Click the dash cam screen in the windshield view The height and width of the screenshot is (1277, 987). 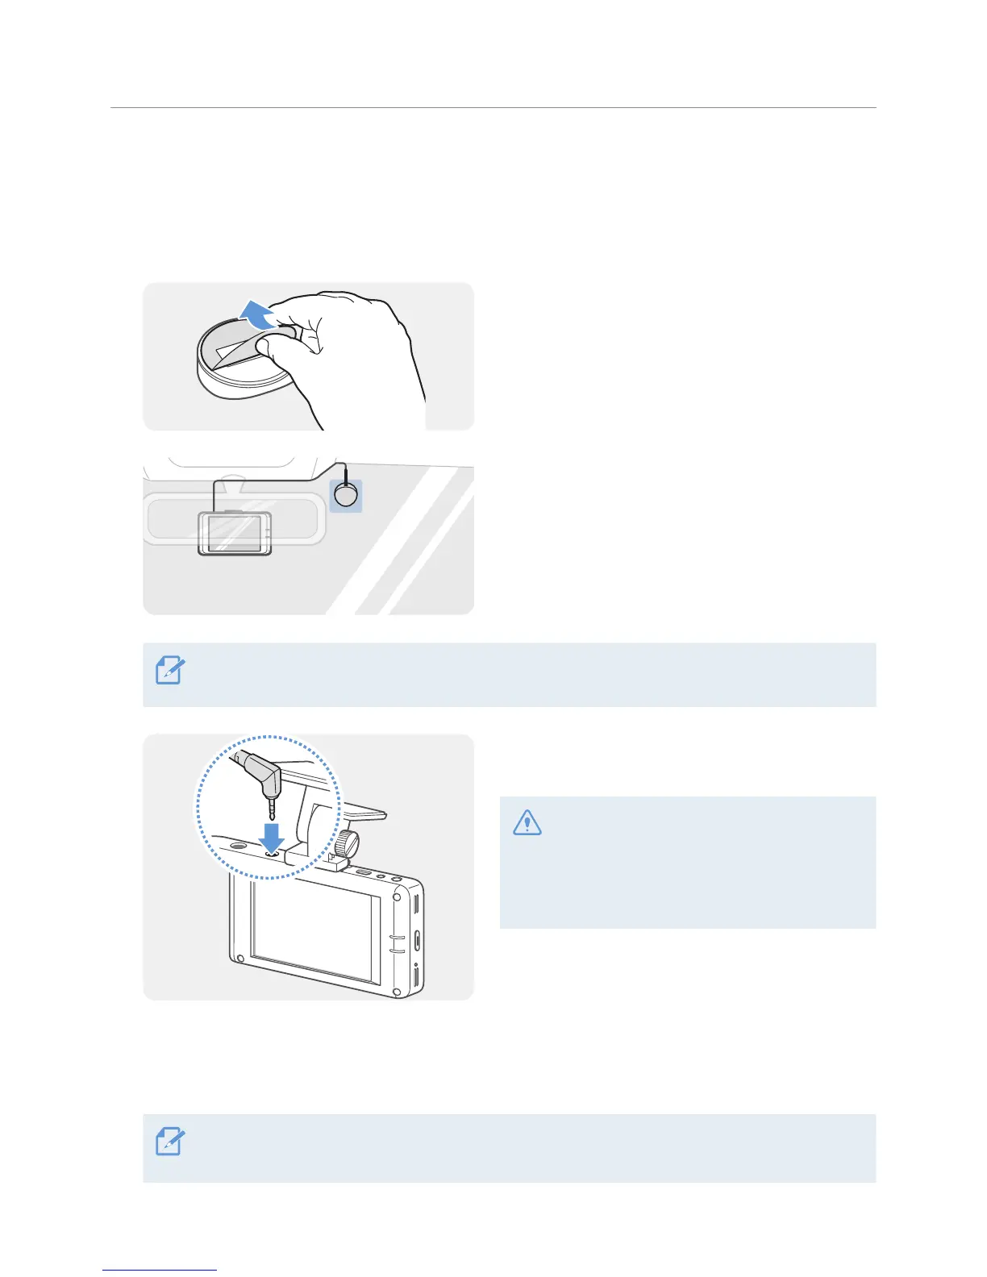234,533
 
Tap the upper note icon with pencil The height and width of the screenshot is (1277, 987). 170,671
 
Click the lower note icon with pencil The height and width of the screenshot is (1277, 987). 170,1142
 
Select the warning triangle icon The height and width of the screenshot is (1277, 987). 527,822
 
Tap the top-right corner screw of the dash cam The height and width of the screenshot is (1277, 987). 397,896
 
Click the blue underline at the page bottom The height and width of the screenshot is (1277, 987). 160,1271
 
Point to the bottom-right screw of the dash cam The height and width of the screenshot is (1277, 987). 397,992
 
